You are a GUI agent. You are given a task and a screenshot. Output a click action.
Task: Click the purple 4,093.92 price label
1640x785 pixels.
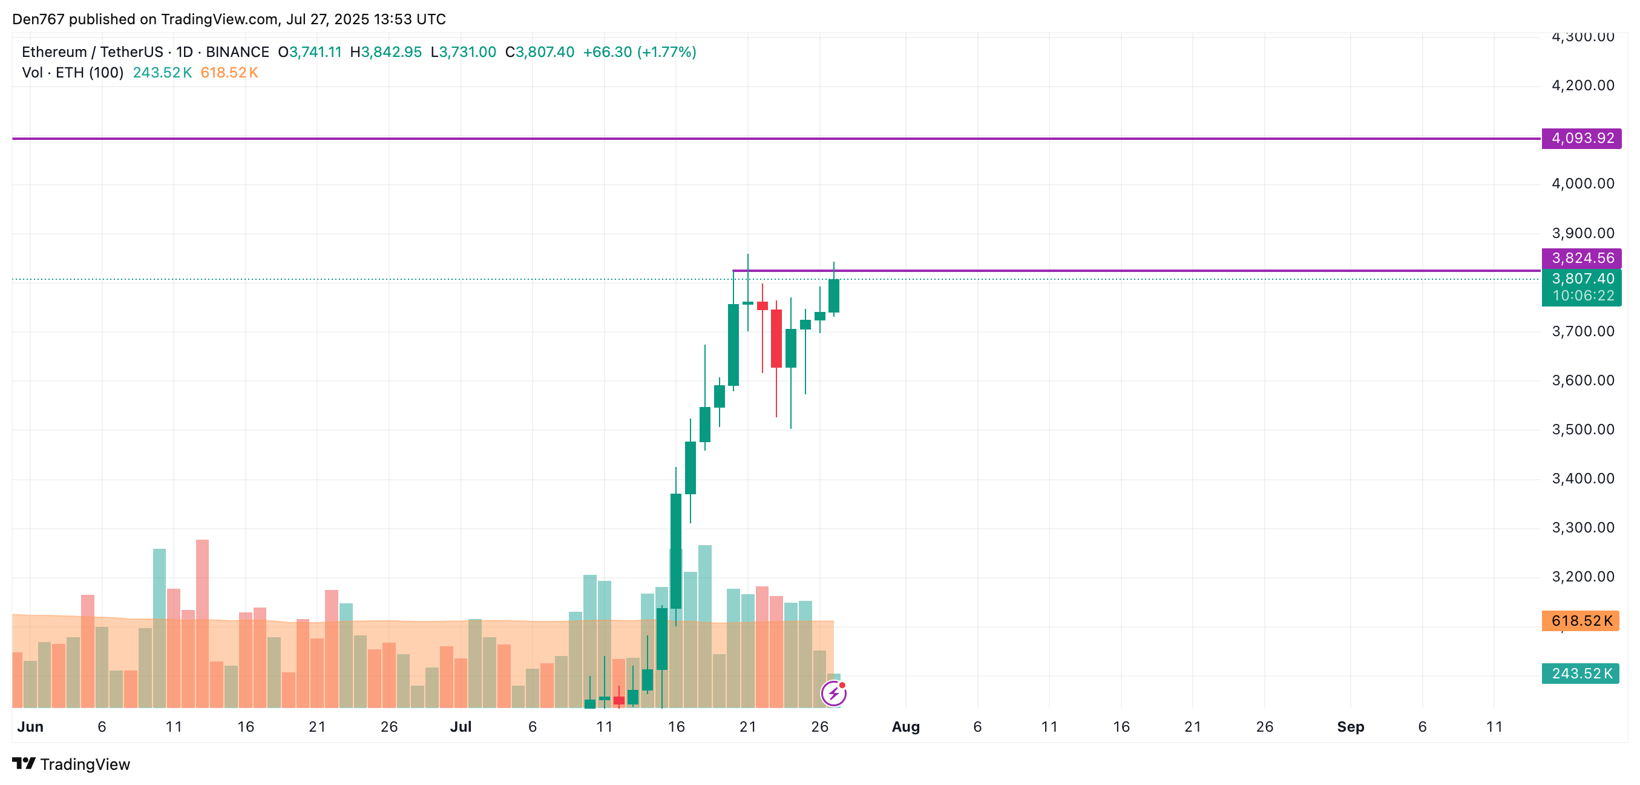[x=1581, y=138]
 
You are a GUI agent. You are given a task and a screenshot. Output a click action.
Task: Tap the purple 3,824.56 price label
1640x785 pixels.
[x=1581, y=258]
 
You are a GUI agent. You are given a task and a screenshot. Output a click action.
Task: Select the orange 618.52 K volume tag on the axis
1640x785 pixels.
[x=1580, y=621]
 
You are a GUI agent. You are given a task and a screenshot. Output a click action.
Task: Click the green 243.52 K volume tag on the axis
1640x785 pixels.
[x=1580, y=674]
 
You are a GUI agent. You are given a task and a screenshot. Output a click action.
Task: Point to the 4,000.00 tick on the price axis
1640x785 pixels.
[x=1583, y=184]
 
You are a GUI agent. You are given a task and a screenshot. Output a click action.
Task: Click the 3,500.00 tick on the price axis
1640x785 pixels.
[x=1583, y=429]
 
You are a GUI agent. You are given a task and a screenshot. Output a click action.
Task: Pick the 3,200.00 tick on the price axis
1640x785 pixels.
[x=1583, y=577]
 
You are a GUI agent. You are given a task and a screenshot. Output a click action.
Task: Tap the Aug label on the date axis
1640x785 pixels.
[x=905, y=727]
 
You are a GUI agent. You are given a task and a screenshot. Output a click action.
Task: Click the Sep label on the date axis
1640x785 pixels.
[x=1350, y=727]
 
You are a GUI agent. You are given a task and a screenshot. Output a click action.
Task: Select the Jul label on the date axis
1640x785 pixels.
[x=461, y=727]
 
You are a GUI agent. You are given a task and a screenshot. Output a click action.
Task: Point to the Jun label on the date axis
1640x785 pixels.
[x=30, y=727]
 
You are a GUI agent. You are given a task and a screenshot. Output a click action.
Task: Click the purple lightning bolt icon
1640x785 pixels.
[x=833, y=694]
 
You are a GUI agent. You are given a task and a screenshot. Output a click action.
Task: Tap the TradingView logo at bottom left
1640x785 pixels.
[x=71, y=764]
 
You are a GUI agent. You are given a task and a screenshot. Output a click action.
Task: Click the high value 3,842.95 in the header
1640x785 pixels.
[x=391, y=52]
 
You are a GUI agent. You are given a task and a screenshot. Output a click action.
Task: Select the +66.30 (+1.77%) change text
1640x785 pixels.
[x=639, y=52]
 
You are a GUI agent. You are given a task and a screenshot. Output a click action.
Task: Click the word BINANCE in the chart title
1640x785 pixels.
[x=237, y=52]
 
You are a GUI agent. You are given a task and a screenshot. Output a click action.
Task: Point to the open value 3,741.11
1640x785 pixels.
[x=315, y=52]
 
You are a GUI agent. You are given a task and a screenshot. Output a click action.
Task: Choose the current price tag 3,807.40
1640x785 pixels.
[x=1581, y=279]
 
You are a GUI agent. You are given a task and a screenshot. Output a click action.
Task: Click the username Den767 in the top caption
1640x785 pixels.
[x=38, y=19]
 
